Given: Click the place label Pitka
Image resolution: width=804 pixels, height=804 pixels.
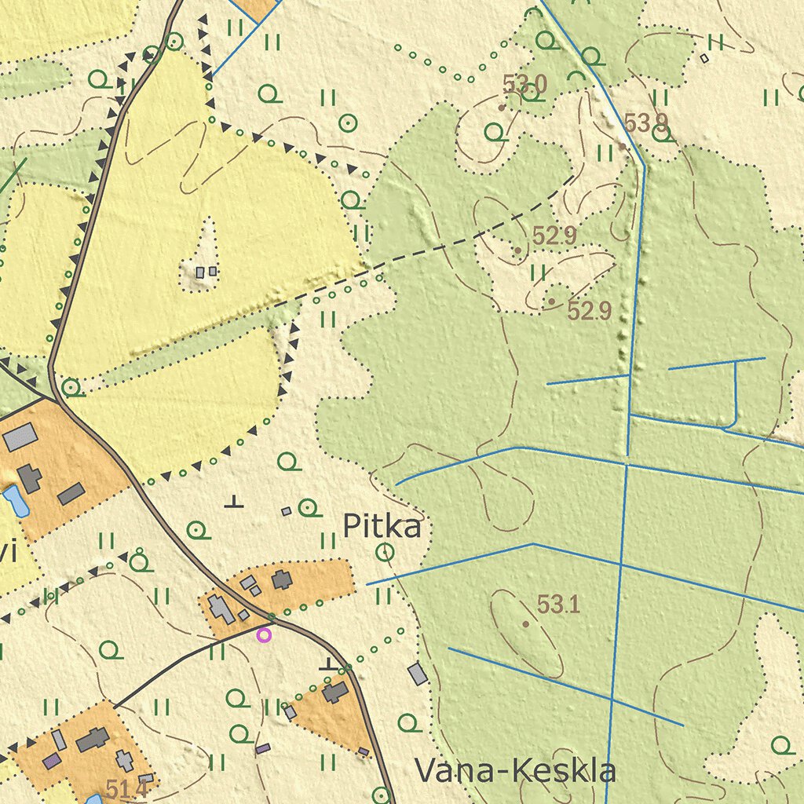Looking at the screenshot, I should coord(382,527).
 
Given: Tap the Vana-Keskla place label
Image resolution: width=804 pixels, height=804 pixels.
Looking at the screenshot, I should coord(514,771).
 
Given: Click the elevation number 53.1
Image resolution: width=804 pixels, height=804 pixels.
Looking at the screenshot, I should coord(558,605).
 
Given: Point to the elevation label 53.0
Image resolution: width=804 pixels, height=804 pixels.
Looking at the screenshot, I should coord(524,83).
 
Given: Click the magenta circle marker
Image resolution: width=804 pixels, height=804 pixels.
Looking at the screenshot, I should coord(264,635).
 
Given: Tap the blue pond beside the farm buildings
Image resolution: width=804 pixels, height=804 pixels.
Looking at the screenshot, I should coord(16,500).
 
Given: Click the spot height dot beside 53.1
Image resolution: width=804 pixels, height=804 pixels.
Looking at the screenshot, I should coord(525,624).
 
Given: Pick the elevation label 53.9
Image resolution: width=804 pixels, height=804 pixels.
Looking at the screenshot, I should coord(645,122).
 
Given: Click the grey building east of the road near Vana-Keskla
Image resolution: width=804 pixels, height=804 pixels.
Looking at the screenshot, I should coord(418,674).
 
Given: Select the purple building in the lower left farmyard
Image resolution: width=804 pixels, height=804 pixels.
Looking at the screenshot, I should coord(52,760).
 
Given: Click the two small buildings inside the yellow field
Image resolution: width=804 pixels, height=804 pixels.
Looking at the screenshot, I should coord(206,272).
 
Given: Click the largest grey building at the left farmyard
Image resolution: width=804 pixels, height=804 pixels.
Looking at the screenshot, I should coord(20,437).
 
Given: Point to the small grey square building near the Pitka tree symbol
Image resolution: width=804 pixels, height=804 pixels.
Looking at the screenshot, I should coord(287,511).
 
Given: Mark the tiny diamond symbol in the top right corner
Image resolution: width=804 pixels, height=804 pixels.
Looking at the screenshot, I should coord(704,57).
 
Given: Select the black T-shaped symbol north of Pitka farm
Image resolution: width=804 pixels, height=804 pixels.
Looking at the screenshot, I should coord(233,502).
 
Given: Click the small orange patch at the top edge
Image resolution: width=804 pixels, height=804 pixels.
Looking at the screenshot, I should coord(256,8).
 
